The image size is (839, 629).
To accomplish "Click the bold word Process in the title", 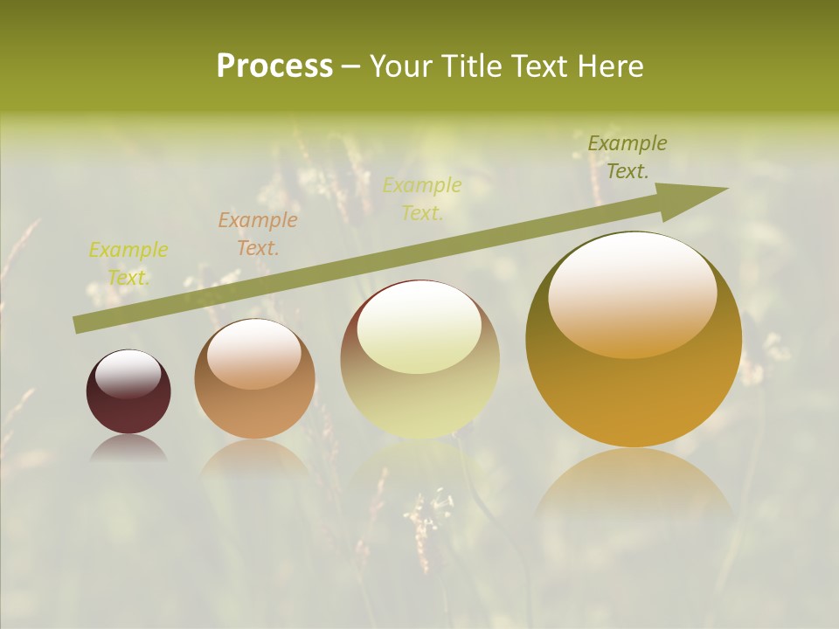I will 274,66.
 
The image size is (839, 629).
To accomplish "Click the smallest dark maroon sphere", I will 128,392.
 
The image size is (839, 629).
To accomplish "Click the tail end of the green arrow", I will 80,325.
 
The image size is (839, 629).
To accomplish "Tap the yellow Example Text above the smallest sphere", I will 128,263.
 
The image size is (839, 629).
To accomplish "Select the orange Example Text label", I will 258,233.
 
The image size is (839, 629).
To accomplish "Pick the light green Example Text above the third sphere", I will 422,198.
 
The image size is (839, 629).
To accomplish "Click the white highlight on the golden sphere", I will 632,293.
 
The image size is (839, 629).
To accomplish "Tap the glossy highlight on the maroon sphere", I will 128,374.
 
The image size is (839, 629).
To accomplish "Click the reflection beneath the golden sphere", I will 633,485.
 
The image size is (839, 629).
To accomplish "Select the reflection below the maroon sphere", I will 128,447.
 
